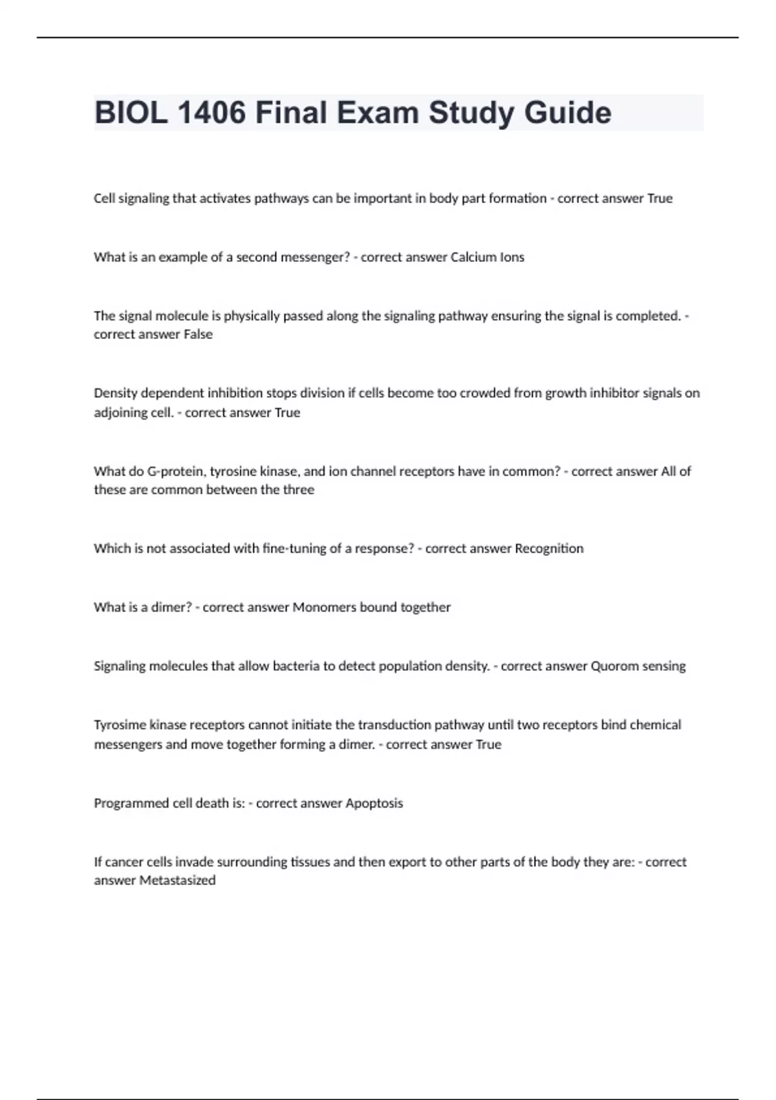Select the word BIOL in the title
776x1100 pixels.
pos(131,113)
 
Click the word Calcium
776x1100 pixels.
pos(473,257)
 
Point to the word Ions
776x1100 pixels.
pos(512,257)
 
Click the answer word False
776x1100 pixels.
pos(198,335)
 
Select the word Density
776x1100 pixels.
pos(115,393)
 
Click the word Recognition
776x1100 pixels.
pos(549,549)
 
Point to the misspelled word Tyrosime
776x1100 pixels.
pos(120,725)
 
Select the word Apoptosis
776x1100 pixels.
pos(374,803)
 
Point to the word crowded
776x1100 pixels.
pos(484,393)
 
